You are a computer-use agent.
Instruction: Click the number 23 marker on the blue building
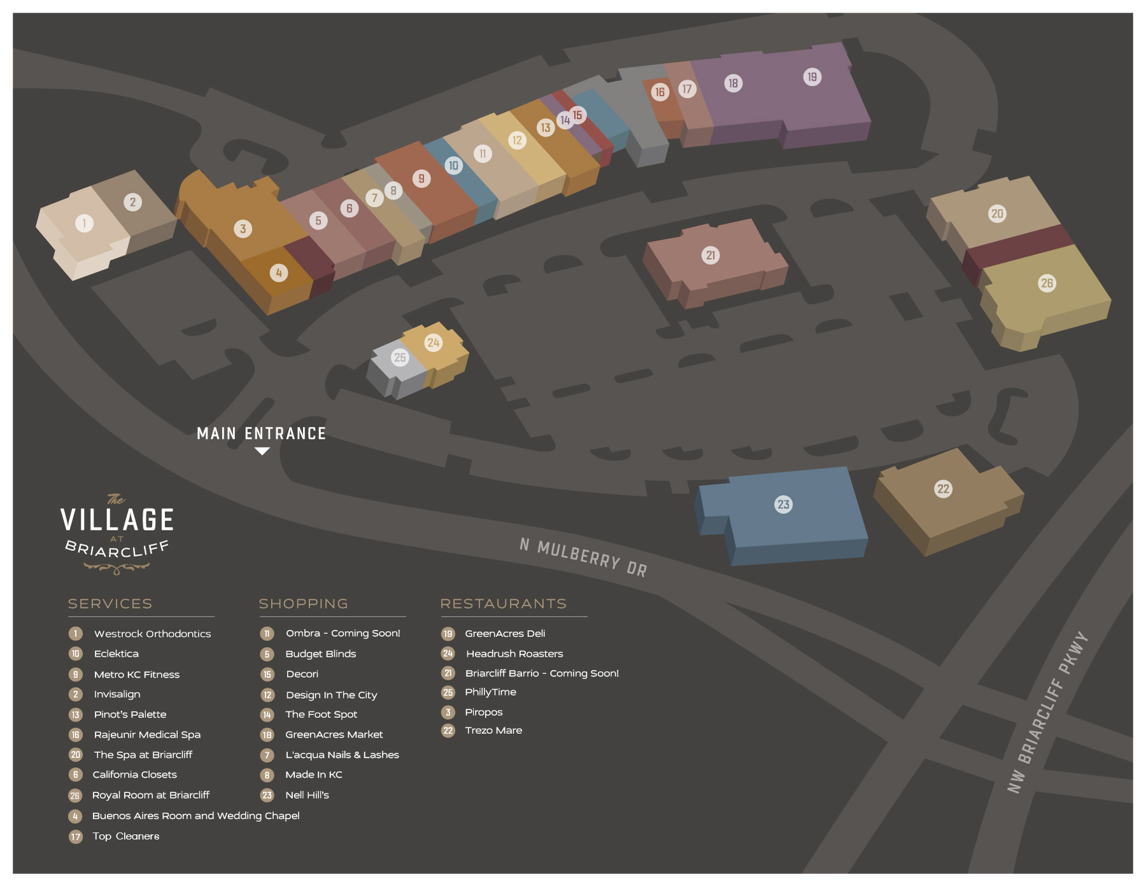coord(783,504)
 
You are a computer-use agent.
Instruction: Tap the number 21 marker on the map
coord(711,255)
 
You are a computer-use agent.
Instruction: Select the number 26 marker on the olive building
coord(1047,283)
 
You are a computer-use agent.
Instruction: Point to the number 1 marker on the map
coord(84,223)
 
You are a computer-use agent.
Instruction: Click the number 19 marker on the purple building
coord(812,77)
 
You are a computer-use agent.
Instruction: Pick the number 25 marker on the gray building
coord(400,357)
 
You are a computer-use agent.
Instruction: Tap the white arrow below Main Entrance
coord(262,451)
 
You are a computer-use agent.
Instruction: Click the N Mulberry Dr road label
coord(583,557)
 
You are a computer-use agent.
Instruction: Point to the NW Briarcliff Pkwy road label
coord(1048,712)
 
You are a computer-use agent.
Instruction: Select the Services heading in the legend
coord(110,604)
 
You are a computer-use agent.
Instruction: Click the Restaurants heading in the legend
coord(503,604)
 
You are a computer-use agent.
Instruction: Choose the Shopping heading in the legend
coord(303,604)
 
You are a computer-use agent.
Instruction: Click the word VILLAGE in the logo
coord(117,520)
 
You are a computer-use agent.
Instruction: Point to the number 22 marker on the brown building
coord(943,489)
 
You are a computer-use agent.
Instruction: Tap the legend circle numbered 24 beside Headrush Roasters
coord(448,654)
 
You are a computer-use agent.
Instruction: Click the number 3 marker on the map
coord(243,229)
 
